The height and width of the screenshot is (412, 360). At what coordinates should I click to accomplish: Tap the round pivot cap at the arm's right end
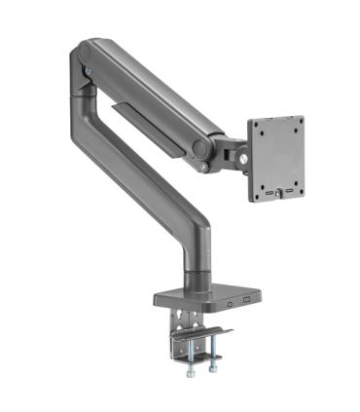(x=201, y=149)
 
